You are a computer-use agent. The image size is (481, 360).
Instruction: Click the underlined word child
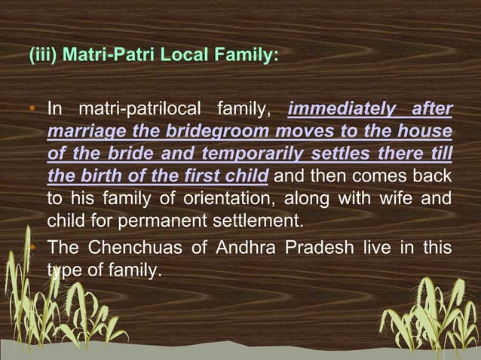tap(247, 177)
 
